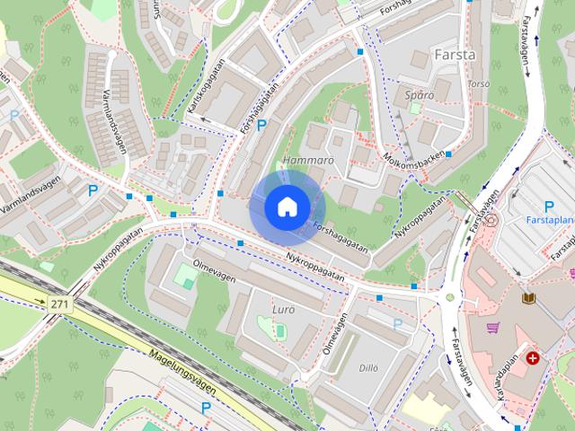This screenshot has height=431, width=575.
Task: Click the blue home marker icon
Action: [287, 207]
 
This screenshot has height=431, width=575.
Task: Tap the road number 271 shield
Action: [59, 305]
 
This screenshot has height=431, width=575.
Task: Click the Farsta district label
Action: [455, 55]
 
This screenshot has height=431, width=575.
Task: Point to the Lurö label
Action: [282, 310]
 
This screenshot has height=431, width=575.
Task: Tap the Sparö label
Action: [420, 94]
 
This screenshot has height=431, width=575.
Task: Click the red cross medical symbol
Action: [535, 358]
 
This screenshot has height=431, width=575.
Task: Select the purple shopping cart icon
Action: [492, 328]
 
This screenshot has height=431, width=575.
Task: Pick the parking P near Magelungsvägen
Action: [206, 408]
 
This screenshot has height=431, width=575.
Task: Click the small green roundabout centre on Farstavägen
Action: [449, 296]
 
